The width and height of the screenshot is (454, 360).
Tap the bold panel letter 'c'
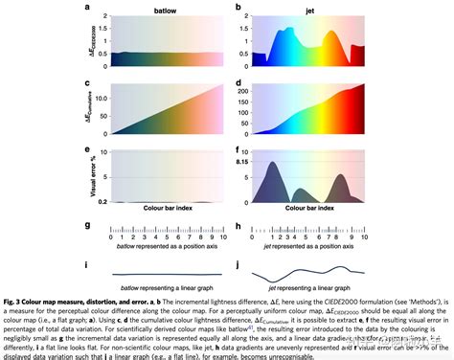[88, 83]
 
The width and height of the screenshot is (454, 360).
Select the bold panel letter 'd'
[238, 83]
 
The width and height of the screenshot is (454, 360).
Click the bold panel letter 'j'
[238, 264]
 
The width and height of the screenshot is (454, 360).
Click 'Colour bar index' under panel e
[165, 207]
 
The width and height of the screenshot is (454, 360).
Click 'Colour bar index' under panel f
[314, 207]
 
